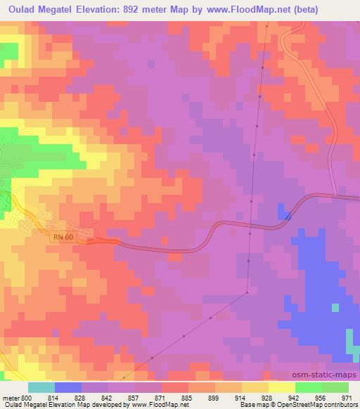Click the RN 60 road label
click(63, 238)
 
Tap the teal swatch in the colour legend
click(41, 387)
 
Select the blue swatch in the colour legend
click(68, 387)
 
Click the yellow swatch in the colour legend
click(281, 387)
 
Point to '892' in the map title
click(138, 10)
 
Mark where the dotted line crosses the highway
click(250, 227)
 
